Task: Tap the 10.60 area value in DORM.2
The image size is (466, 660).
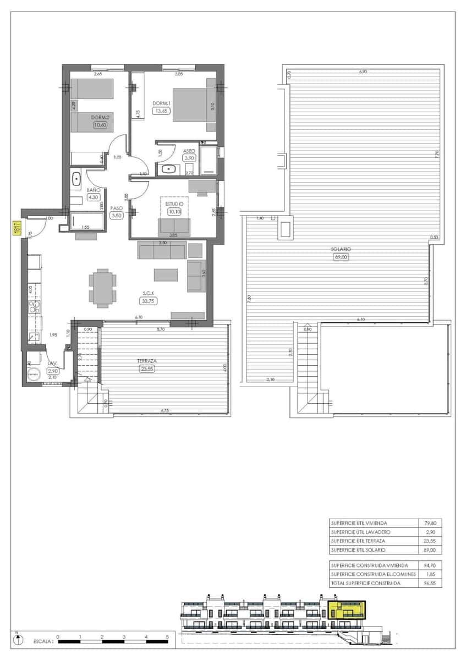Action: (x=100, y=125)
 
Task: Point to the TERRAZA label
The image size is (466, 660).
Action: (x=147, y=361)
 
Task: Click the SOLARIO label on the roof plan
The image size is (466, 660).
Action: (x=341, y=249)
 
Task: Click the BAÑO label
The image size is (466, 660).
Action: (x=93, y=190)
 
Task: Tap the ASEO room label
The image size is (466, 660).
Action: (x=190, y=150)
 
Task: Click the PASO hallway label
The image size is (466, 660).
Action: (x=116, y=208)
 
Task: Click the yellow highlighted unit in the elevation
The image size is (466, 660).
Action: (x=347, y=610)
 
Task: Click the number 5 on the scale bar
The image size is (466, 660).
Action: (x=167, y=636)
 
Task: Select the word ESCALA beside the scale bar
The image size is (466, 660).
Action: (x=43, y=641)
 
